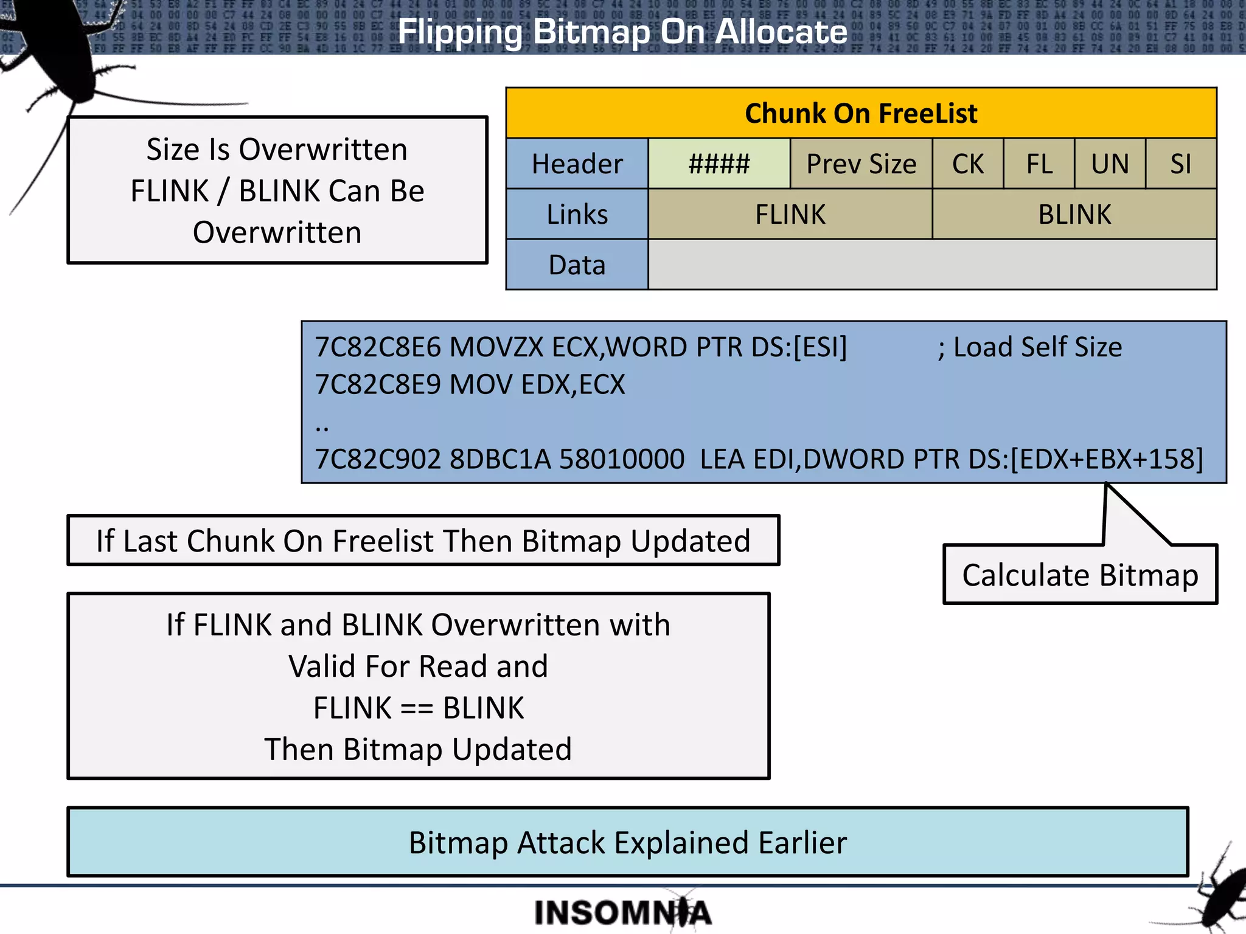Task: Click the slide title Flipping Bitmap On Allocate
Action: [x=622, y=32]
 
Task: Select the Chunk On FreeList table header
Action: [x=861, y=114]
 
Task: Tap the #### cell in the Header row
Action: [x=719, y=164]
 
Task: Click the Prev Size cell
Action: [x=861, y=164]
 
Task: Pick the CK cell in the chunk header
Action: [x=967, y=164]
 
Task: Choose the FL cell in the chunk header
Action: [x=1039, y=164]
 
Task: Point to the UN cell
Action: [x=1110, y=164]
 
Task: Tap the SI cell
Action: [x=1180, y=164]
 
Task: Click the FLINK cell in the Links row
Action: [x=790, y=215]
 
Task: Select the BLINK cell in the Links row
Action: [x=1074, y=215]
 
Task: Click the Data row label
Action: [x=577, y=265]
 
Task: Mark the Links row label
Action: [x=577, y=215]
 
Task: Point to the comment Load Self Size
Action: [x=1037, y=348]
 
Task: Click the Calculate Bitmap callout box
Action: [x=1080, y=575]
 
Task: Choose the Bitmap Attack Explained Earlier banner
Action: [x=627, y=842]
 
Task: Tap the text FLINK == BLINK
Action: [x=419, y=708]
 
